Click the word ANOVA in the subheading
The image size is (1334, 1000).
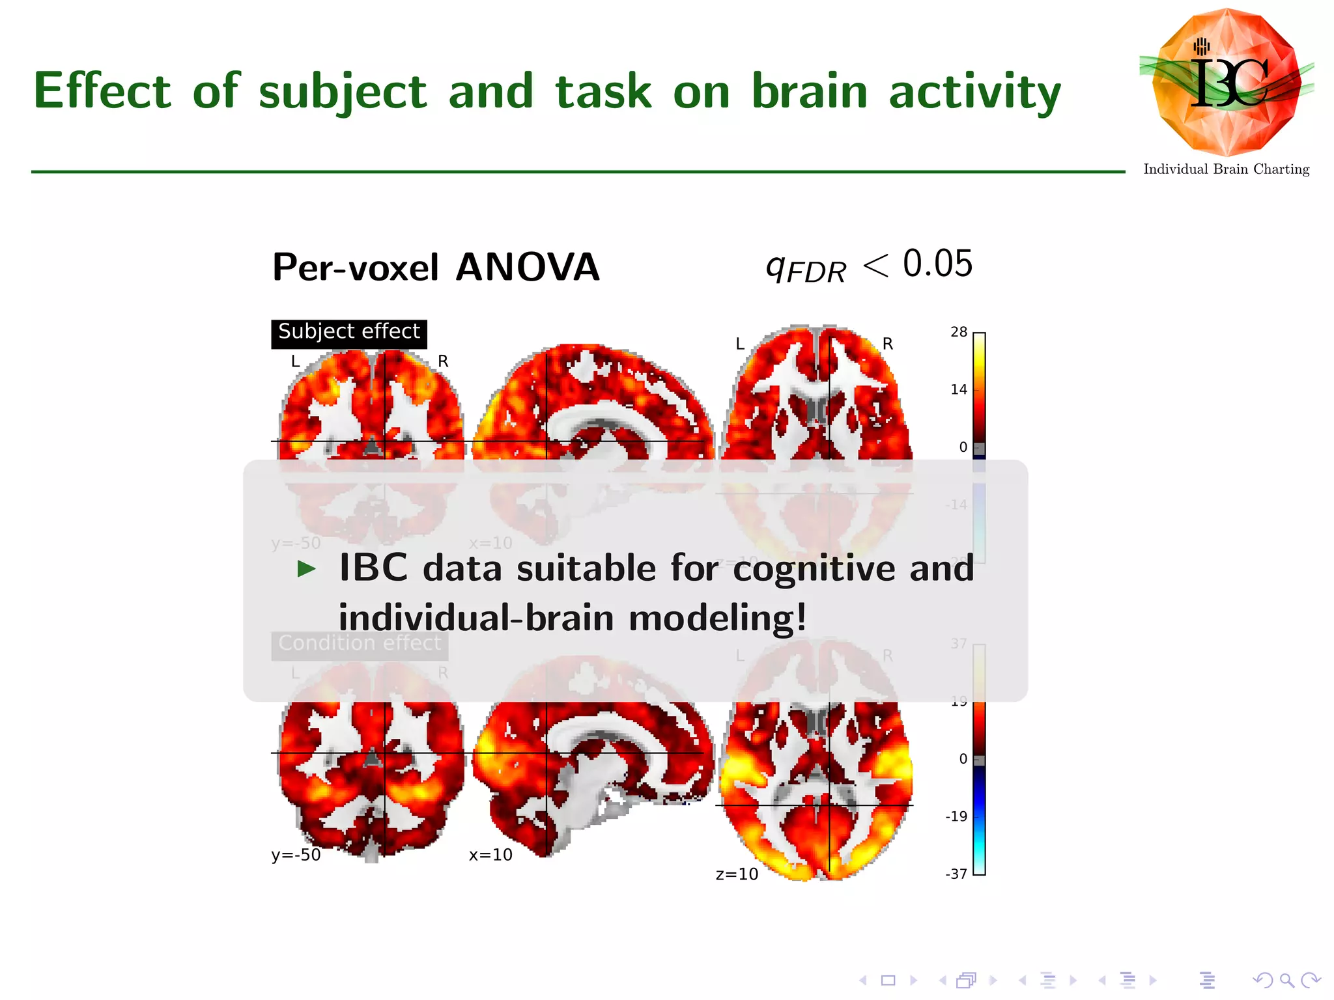point(527,268)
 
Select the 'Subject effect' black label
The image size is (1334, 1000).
point(348,332)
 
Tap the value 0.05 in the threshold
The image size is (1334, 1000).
point(937,264)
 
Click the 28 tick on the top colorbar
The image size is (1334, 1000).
point(959,333)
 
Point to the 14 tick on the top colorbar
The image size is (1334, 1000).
point(959,390)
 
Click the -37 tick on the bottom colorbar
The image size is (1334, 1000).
point(956,874)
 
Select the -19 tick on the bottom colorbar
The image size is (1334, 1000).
point(956,816)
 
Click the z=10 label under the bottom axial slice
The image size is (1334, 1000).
point(737,874)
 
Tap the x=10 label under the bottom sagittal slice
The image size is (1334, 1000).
point(490,855)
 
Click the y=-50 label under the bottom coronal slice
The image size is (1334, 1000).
point(296,855)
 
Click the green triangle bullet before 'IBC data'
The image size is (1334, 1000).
point(306,569)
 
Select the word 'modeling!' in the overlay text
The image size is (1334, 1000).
point(717,618)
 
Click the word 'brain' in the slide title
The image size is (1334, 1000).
point(810,91)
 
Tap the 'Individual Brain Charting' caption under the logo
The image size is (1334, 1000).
point(1226,169)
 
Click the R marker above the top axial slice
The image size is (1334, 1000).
point(887,344)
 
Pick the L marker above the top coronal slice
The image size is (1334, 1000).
point(295,361)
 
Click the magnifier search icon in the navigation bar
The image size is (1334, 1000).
point(1286,980)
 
